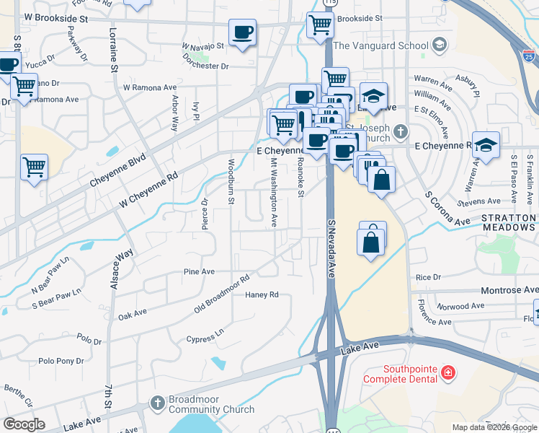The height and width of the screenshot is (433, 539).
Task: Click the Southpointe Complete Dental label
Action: click(x=400, y=373)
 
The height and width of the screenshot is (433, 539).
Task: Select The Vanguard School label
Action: click(x=382, y=45)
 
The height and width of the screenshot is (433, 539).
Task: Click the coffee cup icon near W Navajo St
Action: click(x=242, y=32)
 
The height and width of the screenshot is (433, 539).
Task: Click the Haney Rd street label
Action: click(x=262, y=294)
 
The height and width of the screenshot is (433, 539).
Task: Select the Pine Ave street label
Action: click(x=199, y=271)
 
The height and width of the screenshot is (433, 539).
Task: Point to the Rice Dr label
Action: click(x=428, y=277)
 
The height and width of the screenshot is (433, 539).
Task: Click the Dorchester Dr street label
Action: click(x=205, y=66)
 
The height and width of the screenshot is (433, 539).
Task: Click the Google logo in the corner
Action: click(x=23, y=424)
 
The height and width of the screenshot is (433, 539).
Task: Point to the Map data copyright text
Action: click(x=494, y=427)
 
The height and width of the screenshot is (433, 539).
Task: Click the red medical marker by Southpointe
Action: click(x=448, y=372)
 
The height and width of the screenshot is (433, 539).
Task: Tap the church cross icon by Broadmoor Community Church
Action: click(x=158, y=402)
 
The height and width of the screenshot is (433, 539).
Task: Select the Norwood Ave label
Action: click(x=461, y=306)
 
